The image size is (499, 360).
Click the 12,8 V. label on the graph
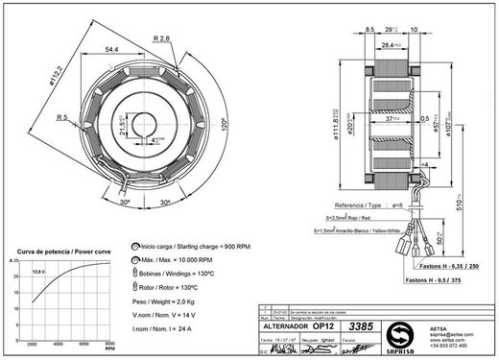(40, 272)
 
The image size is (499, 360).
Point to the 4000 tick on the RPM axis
(59, 343)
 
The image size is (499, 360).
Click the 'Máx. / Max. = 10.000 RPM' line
(176, 260)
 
